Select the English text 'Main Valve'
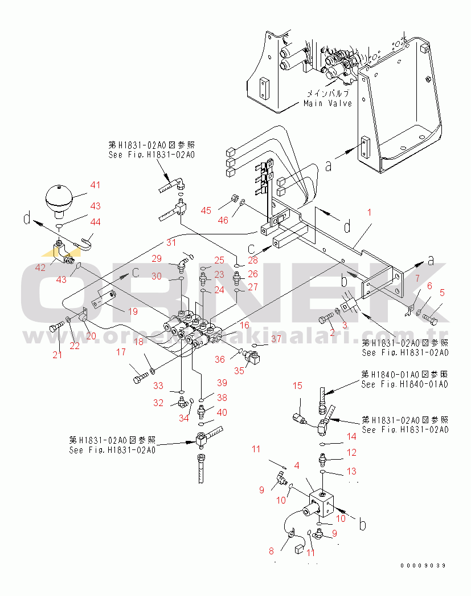tap(327, 103)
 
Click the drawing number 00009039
tap(423, 565)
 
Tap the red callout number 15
tap(297, 386)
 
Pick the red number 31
tap(171, 242)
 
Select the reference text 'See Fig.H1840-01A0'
tap(404, 384)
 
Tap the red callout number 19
tap(133, 311)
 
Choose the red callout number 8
tap(271, 551)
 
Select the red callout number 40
tap(222, 412)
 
